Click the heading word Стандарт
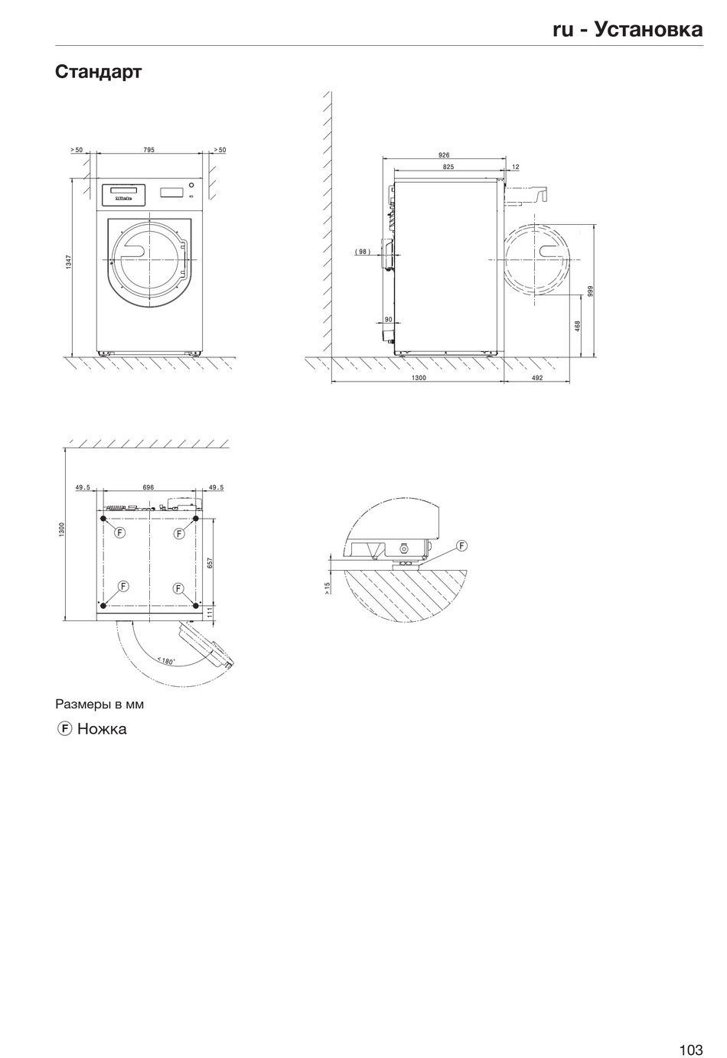(98, 72)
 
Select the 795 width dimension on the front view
(148, 150)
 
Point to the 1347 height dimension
(69, 262)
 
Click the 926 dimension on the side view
(444, 155)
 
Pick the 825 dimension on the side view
(448, 167)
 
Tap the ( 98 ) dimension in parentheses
(363, 252)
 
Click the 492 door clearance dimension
(537, 377)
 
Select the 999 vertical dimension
(590, 291)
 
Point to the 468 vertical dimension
(577, 326)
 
